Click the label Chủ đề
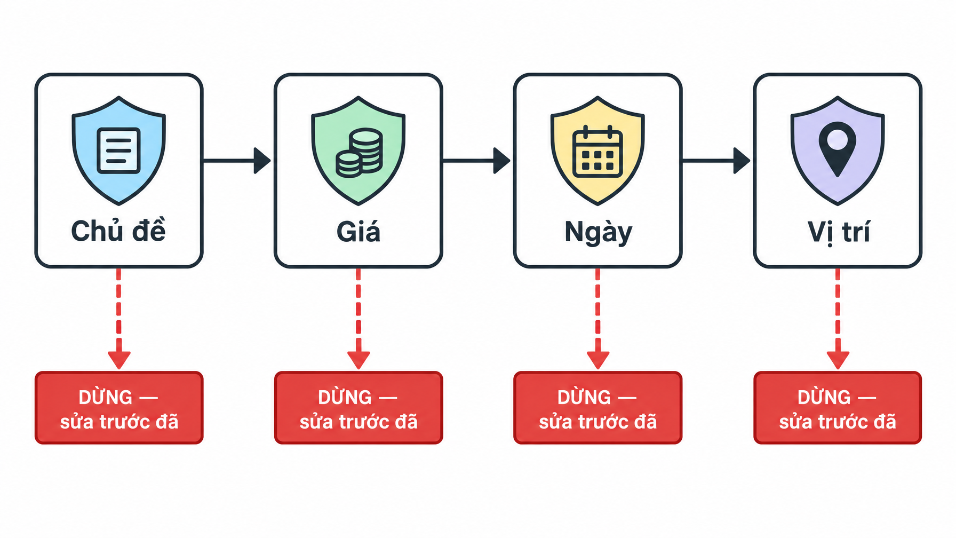point(118,231)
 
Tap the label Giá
point(359,231)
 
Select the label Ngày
point(598,233)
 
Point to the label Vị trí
point(838,233)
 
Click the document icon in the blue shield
point(118,151)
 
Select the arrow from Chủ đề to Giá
point(237,160)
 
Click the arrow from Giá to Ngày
point(476,160)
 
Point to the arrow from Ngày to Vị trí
point(716,160)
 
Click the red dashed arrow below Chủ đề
point(118,319)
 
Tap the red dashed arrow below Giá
point(359,319)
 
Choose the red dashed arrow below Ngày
point(597,319)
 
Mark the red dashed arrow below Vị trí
point(838,319)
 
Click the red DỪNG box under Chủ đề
point(119,408)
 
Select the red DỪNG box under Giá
point(359,408)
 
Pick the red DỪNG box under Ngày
point(597,408)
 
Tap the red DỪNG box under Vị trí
point(838,408)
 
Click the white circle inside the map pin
point(838,140)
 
